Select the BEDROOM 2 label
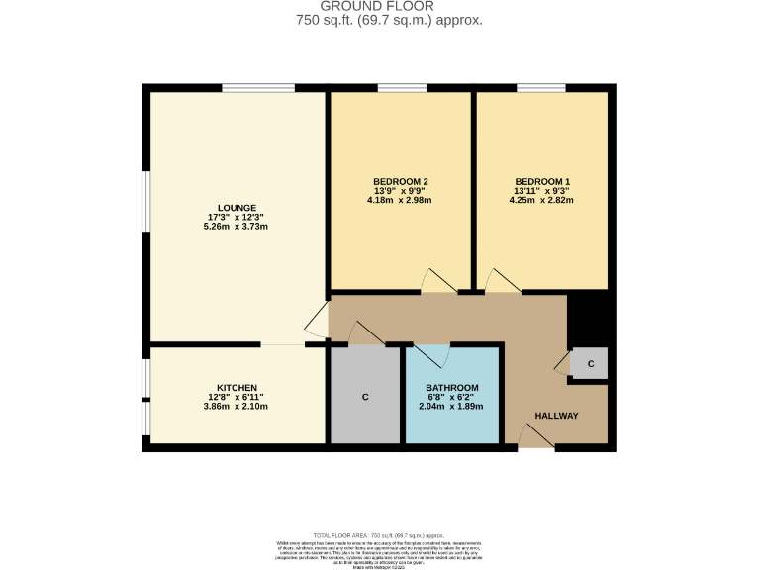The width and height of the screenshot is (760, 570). [x=400, y=181]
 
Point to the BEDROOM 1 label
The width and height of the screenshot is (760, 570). [x=541, y=181]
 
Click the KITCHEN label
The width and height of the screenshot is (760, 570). [x=237, y=387]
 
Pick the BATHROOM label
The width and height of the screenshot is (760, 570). [x=451, y=387]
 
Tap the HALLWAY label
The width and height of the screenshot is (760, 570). [x=556, y=416]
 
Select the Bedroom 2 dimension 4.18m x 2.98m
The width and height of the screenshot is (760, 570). [x=400, y=200]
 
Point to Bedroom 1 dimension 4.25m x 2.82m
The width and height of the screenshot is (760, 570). [x=541, y=200]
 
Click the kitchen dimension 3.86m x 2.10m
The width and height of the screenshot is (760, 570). [x=237, y=406]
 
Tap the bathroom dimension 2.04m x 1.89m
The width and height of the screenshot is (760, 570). [x=451, y=406]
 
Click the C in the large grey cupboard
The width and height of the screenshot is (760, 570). [x=365, y=397]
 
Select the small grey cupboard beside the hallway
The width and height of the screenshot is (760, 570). [x=590, y=364]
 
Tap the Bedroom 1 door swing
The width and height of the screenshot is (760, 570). [x=502, y=281]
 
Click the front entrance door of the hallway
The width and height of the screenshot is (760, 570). [x=536, y=436]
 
